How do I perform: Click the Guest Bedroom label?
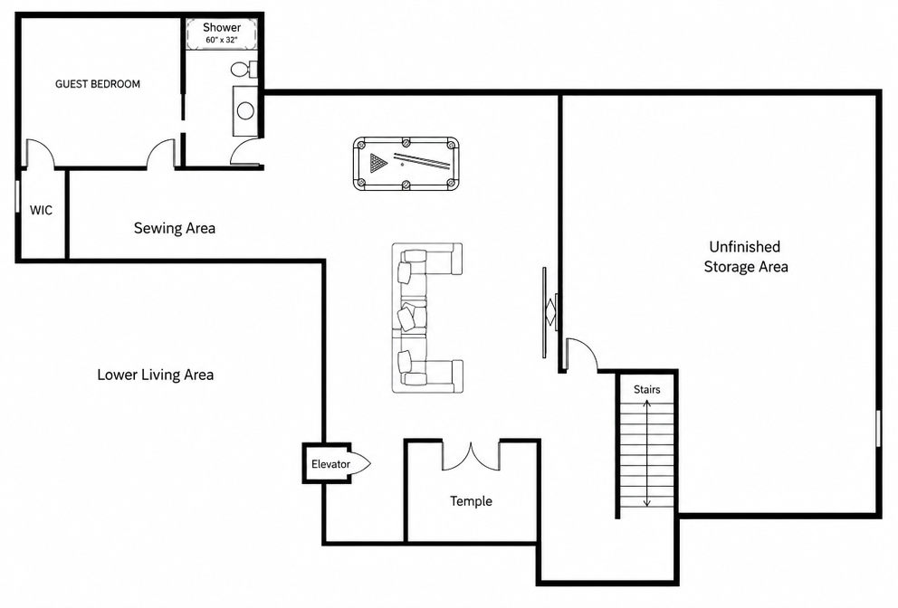point(98,84)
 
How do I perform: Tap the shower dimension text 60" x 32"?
point(222,40)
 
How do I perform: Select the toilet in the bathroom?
point(244,70)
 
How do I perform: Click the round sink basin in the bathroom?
point(245,110)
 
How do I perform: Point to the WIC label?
point(42,210)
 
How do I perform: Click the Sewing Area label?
point(175,228)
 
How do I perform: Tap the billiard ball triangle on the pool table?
point(378,163)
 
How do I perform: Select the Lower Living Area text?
point(155,375)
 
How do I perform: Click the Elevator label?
point(330,464)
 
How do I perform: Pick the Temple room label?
point(471,501)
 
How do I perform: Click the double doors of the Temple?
point(471,456)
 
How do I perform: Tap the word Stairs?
point(646,389)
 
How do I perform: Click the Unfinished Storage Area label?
point(746,256)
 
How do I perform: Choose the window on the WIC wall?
point(18,200)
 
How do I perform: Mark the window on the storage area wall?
point(878,428)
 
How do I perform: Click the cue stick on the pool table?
point(422,160)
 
